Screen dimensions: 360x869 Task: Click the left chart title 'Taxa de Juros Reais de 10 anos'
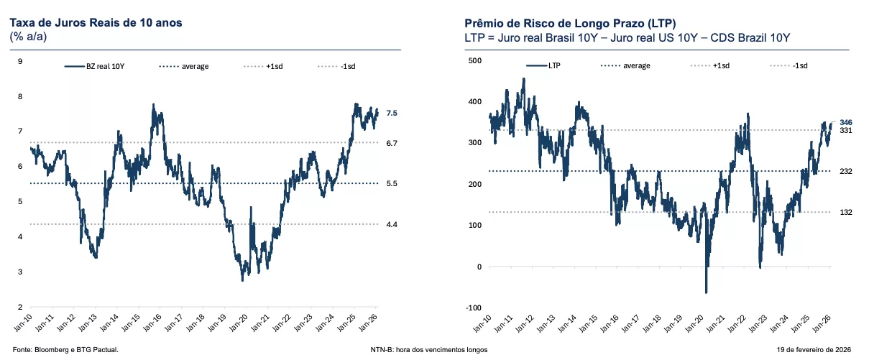96,23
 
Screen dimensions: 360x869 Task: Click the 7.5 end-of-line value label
392,113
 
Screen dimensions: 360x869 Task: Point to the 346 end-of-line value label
846,123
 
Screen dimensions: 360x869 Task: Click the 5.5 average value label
392,184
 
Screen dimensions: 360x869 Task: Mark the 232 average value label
845,171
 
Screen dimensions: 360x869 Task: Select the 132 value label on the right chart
845,212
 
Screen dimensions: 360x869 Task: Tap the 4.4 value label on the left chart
392,225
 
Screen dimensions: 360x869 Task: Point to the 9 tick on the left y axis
19,61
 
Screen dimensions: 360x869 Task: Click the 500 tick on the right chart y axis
474,61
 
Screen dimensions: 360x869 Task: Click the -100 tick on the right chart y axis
474,308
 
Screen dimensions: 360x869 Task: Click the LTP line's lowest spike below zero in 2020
706,292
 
